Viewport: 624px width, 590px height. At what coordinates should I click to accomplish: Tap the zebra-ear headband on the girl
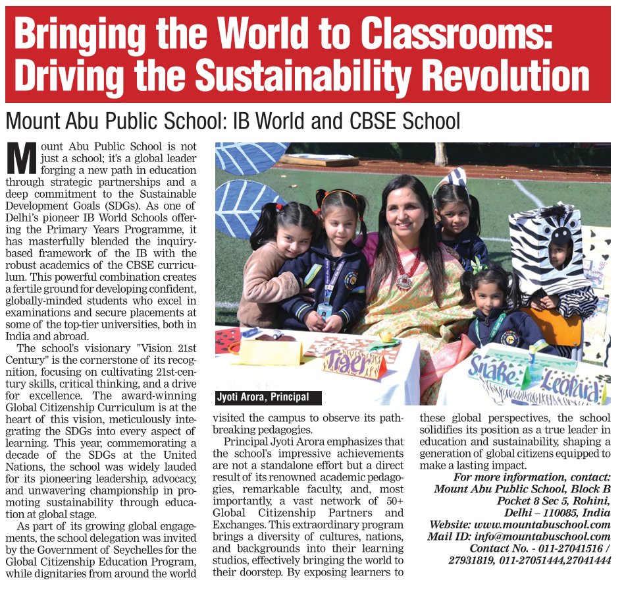point(454,181)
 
